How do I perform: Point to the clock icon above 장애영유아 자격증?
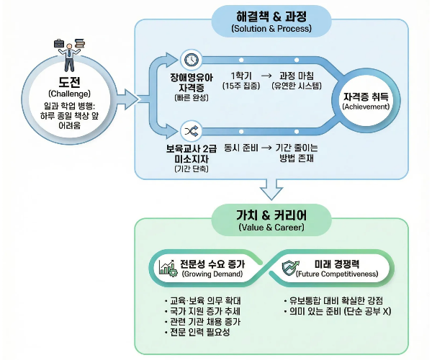[191, 59]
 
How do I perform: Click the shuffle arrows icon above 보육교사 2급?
[191, 131]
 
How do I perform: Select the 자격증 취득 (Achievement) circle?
[366, 100]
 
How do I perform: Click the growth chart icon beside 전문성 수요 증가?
[168, 269]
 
